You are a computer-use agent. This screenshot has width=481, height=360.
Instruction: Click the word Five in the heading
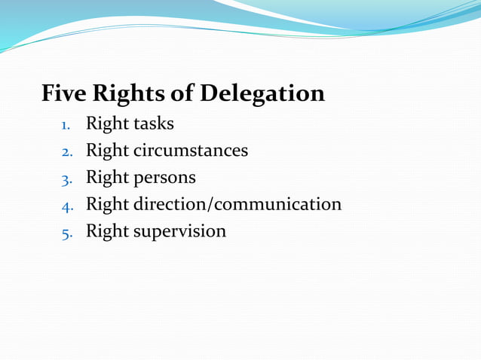pos(63,94)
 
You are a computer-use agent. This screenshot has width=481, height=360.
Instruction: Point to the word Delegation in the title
pos(262,94)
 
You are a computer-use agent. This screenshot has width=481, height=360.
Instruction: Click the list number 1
pos(66,124)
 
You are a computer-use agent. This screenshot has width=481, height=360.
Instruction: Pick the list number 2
pos(66,151)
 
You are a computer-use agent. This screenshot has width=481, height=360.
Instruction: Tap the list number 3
pos(66,178)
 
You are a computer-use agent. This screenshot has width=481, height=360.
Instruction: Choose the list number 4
pos(66,205)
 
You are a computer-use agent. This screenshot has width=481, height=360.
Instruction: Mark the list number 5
pos(66,232)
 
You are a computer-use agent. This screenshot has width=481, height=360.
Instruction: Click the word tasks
pos(154,123)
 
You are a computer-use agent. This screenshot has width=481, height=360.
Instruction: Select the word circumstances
pos(191,150)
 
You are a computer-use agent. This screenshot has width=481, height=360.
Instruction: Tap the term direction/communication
pos(237,204)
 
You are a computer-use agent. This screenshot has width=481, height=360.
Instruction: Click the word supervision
pos(179,231)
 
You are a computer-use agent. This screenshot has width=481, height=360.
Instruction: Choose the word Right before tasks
pos(107,124)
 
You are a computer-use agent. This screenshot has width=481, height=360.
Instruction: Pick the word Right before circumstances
pos(107,151)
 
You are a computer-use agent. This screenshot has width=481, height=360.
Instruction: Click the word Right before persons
pos(107,178)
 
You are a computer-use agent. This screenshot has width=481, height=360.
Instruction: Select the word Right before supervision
pos(107,231)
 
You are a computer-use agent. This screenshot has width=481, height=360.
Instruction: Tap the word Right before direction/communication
pos(107,204)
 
